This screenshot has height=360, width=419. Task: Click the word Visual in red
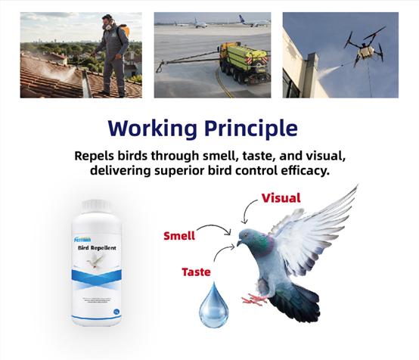[x=281, y=198]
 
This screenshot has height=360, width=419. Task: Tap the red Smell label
[x=179, y=236]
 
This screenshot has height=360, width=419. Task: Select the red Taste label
[x=196, y=271]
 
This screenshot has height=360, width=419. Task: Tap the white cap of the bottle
[x=94, y=205]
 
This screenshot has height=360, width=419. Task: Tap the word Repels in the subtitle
[x=99, y=156]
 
